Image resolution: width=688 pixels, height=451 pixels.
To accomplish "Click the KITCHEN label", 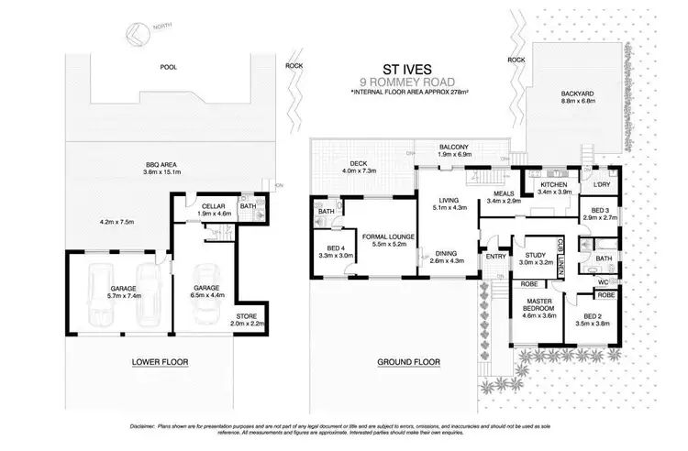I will click(555, 186).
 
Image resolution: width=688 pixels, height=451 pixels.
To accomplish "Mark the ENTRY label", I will click(496, 257).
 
